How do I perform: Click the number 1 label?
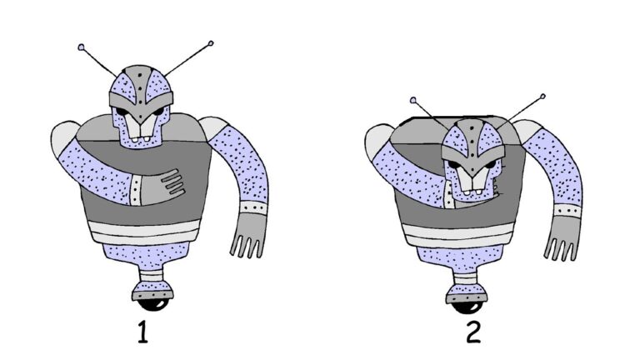[142, 332]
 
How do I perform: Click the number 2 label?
[473, 332]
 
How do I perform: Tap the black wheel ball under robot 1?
[153, 304]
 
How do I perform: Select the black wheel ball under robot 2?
[466, 307]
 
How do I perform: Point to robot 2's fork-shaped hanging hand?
[562, 238]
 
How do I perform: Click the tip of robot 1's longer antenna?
[211, 42]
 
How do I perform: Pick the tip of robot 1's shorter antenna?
[81, 47]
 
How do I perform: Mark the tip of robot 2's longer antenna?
[542, 97]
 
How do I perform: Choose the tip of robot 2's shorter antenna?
[413, 100]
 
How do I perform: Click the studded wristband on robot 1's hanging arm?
[253, 207]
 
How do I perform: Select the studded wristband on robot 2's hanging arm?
[567, 211]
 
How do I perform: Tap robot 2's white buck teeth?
[472, 181]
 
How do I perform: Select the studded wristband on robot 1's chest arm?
[136, 190]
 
